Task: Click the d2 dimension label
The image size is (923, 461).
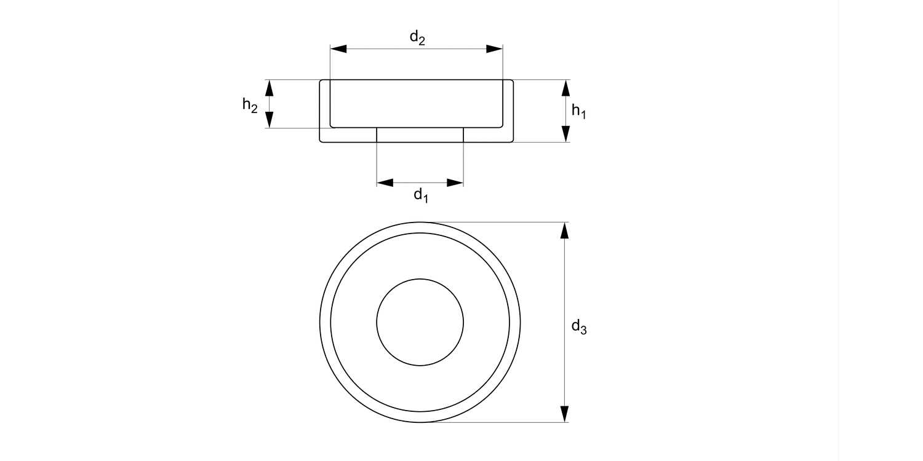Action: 417,38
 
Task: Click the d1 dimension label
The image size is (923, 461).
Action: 420,195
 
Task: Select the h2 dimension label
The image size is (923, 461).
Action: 249,105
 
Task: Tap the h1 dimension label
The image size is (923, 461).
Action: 578,111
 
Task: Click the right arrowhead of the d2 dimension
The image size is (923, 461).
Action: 495,49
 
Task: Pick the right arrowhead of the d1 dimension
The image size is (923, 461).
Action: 455,183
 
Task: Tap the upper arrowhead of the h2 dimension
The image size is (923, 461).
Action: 269,88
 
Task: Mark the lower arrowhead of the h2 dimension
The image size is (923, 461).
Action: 269,120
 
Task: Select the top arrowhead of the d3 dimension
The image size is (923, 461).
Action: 565,230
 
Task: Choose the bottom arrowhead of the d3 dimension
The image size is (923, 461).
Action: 565,414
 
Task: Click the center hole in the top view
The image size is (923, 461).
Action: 420,322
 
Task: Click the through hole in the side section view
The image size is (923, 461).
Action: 420,135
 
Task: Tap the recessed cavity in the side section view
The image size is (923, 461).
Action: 417,103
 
